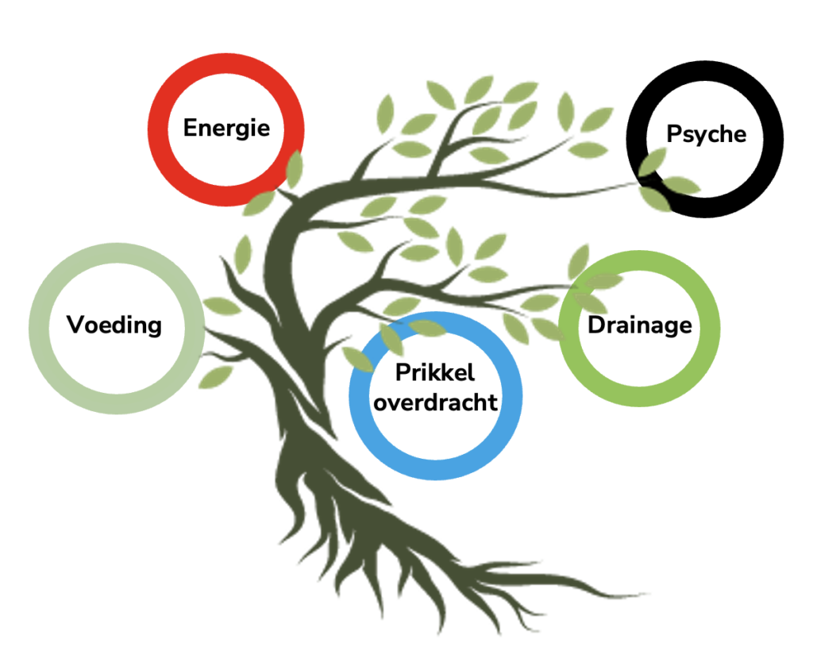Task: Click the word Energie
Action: click(x=226, y=127)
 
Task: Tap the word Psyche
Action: click(x=706, y=133)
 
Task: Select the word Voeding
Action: click(x=114, y=325)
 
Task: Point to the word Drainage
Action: click(x=639, y=325)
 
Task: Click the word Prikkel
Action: click(x=435, y=371)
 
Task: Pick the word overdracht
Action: click(x=435, y=402)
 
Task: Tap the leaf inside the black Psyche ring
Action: click(x=653, y=163)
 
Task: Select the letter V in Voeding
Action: click(x=75, y=325)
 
